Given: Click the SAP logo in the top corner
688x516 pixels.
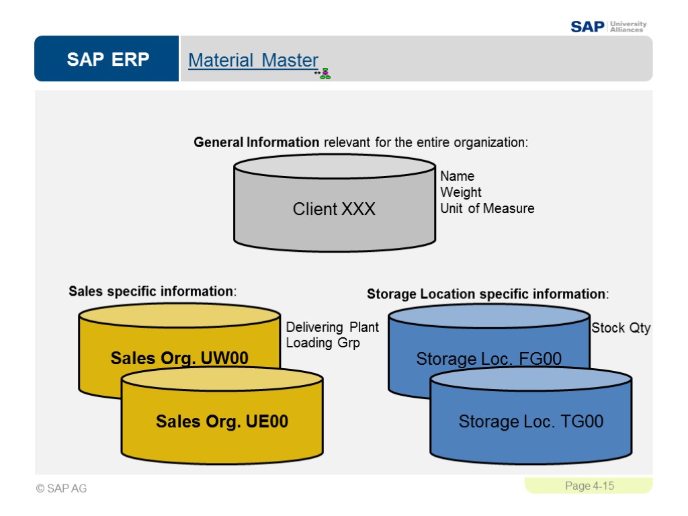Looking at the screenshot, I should point(587,27).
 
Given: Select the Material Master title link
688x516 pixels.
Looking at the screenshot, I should point(253,60).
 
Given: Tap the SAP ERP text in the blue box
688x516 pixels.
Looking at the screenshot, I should point(107,60).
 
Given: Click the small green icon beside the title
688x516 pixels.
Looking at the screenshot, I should point(325,73).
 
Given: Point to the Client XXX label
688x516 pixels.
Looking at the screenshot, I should point(334,209).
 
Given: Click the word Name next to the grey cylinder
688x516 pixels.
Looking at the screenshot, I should point(457,176).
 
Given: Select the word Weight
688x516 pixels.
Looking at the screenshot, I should point(460,192).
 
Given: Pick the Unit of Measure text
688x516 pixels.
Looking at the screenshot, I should point(487,208).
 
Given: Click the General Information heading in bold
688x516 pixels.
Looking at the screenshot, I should point(257,142).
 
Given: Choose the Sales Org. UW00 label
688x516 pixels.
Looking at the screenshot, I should point(179,358).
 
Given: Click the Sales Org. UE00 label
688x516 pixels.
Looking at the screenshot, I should point(222,421).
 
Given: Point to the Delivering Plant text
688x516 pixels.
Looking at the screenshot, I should point(332,327).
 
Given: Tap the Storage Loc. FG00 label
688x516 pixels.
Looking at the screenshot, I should point(488,359).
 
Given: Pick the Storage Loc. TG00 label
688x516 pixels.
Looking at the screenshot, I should point(531,421).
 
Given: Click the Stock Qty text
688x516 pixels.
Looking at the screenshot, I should point(621,328).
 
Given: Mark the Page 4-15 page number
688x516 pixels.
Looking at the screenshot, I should point(589,486).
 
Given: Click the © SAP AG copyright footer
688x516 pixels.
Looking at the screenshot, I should point(62,488).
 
